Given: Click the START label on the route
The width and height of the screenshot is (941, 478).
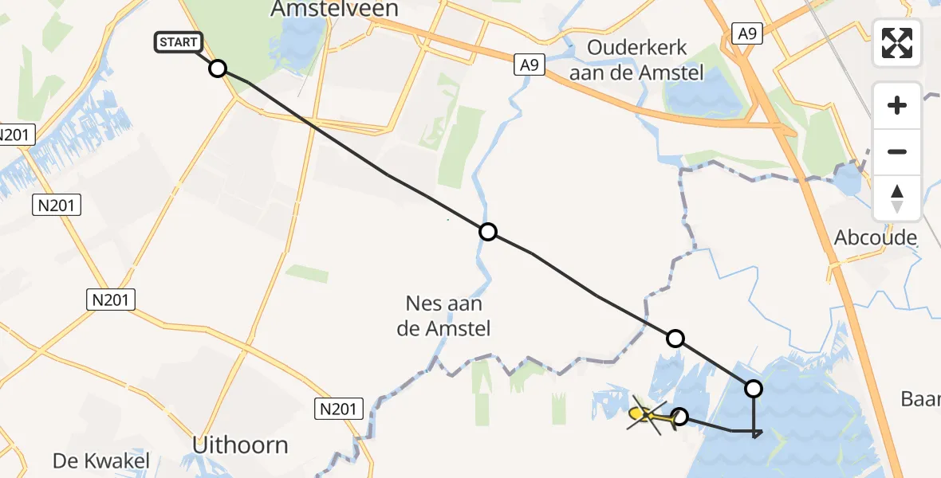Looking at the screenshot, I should pos(179,42).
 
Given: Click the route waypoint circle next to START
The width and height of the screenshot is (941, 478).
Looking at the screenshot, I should pos(218,69).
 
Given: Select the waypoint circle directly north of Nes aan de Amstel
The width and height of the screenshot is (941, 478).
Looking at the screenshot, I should pos(488,232).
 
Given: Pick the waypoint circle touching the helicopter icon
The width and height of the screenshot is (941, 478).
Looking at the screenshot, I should pos(680,416).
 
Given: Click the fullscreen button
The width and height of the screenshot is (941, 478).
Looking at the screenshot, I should pos(897,43).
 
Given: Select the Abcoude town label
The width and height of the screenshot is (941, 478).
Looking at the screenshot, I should pos(876,237).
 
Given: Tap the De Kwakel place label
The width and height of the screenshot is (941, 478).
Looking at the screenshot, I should pos(101,460).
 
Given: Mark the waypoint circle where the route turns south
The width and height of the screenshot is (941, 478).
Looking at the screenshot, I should pos(753,389).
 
